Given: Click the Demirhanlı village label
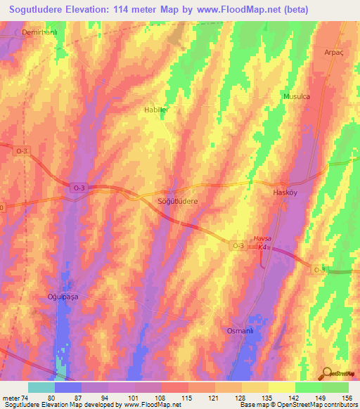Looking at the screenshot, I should tap(38, 33).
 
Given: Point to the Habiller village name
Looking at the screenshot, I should tap(156, 110).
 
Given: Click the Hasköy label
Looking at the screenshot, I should tap(285, 193).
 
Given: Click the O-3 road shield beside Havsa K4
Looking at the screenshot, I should tap(238, 245).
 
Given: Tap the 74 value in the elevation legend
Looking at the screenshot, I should tap(25, 398).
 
